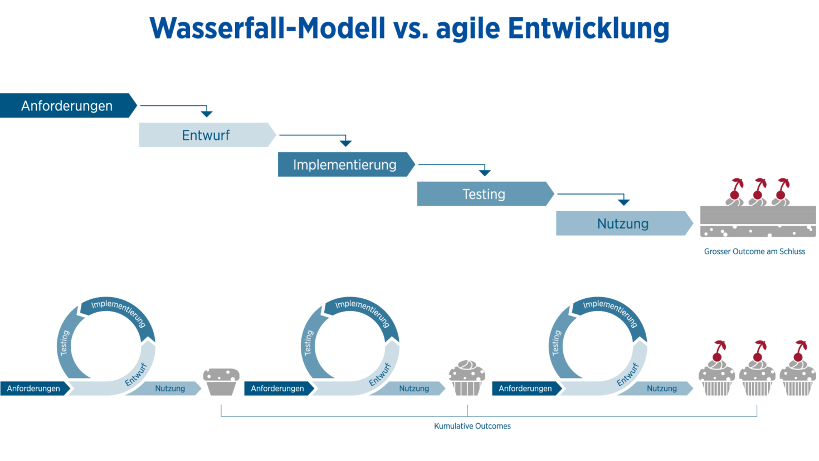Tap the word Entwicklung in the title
(588, 28)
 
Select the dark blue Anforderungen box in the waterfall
(67, 106)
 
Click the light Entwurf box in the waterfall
(206, 135)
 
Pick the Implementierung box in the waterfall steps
(345, 164)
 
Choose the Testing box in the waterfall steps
(484, 194)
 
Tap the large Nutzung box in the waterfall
(622, 224)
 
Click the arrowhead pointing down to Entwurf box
(207, 113)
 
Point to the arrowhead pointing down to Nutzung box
(623, 201)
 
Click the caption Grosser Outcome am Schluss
(754, 251)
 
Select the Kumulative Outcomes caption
(472, 426)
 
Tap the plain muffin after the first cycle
(221, 381)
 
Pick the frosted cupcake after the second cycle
(467, 378)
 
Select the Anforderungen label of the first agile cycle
(33, 389)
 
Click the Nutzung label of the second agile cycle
(414, 389)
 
